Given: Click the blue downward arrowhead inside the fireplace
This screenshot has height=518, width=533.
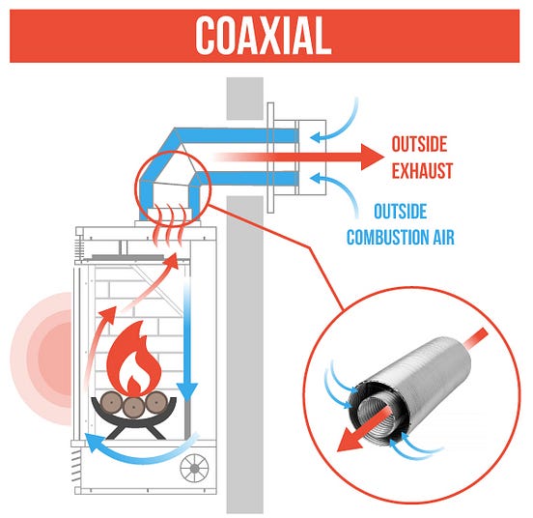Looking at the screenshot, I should tap(187, 390).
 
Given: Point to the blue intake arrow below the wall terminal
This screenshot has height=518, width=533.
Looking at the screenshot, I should tap(337, 189).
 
